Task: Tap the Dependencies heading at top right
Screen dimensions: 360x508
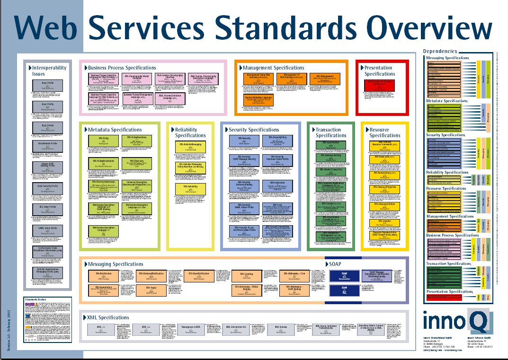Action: pyautogui.click(x=440, y=51)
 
